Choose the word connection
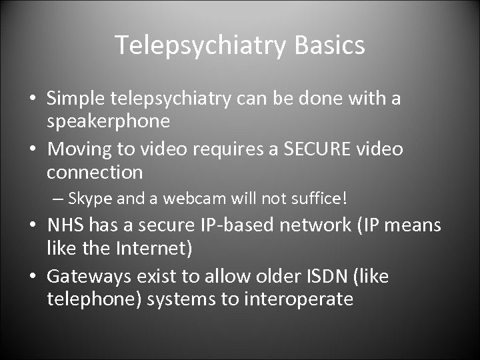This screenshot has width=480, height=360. point(95,173)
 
